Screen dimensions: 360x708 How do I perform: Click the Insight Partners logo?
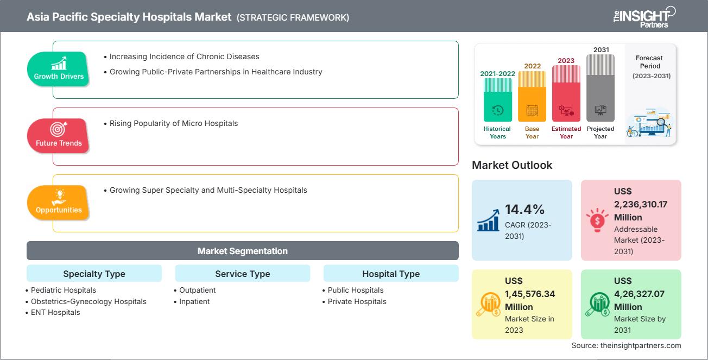tap(644, 16)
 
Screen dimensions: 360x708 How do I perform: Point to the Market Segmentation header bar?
tap(242, 251)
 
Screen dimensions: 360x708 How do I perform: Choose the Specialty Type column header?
tap(94, 274)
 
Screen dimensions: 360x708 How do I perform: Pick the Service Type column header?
tap(242, 274)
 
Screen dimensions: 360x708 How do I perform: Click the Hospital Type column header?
tap(390, 274)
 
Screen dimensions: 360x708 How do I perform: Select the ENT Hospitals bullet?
tap(55, 312)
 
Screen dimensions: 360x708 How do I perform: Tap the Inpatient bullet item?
tap(194, 301)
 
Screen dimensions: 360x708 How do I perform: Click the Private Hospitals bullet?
tap(357, 301)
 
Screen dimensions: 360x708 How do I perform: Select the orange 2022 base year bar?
tap(532, 96)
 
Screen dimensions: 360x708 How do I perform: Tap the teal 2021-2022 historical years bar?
tap(497, 100)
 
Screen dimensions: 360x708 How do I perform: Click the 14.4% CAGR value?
tap(524, 210)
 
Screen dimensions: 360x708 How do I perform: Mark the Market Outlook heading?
tap(512, 165)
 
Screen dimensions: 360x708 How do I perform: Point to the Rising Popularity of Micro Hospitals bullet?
tap(173, 123)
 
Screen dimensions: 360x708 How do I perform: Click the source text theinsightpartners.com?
tap(626, 345)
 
